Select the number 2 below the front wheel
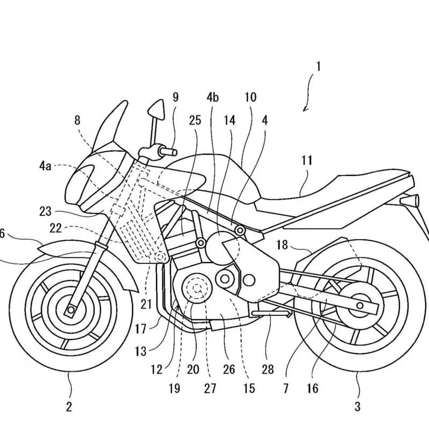69,406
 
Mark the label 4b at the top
212,98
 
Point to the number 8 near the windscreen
78,121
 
